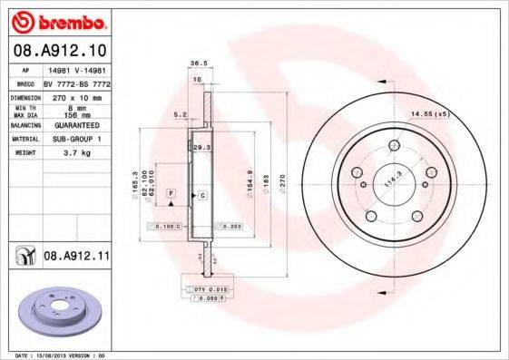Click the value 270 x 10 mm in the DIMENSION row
click(77, 96)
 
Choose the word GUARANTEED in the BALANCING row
click(77, 125)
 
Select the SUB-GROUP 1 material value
click(77, 140)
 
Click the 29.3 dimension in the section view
click(201, 146)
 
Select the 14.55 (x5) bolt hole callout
click(429, 114)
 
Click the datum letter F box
click(170, 194)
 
